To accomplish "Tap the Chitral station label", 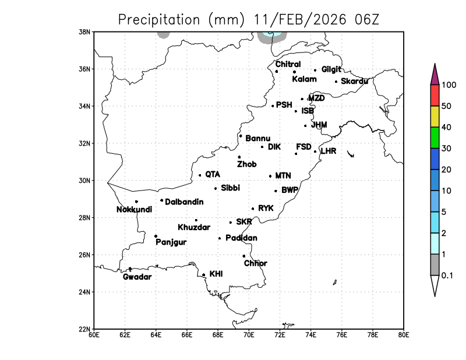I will point(288,64).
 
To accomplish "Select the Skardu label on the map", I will point(354,81).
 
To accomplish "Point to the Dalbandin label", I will point(184,202).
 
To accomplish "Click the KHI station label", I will point(216,273).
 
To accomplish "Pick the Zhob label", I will point(246,164).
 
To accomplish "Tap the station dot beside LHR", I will point(315,151).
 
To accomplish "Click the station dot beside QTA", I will point(200,175).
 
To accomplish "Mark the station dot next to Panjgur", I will point(156,236).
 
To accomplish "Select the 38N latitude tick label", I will point(85,31).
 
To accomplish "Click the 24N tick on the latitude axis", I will point(85,292).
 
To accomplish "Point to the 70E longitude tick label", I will point(249,334).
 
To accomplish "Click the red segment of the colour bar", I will point(435,95).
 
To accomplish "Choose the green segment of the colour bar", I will point(435,137).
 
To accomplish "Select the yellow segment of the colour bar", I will point(435,116).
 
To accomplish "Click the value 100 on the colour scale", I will point(449,84).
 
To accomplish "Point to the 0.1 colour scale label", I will point(447,275).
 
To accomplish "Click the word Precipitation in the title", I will point(159,20).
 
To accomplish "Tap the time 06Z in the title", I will point(366,19).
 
